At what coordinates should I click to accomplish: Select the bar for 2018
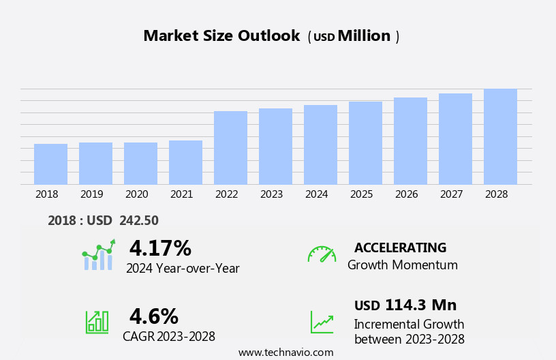click(x=50, y=164)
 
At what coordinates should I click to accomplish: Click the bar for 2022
click(x=230, y=147)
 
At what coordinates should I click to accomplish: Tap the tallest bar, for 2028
click(x=500, y=136)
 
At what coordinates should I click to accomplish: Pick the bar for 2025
click(x=365, y=142)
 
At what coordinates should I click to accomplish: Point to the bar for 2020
click(x=140, y=163)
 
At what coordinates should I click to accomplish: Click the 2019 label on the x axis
click(x=91, y=194)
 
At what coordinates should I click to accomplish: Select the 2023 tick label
click(x=271, y=194)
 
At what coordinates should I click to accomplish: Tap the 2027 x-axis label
click(x=451, y=194)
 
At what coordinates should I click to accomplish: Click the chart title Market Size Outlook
click(x=221, y=36)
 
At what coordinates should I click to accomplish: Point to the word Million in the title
click(x=364, y=36)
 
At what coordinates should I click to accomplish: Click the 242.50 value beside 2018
click(x=139, y=221)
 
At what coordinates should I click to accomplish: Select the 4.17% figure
click(x=160, y=248)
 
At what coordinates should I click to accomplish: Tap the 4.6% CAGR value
click(x=154, y=316)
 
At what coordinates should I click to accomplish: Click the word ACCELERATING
click(x=400, y=247)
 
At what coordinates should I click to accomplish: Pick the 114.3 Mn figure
click(x=420, y=305)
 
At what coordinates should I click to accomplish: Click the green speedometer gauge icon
click(x=322, y=254)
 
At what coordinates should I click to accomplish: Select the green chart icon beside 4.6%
click(x=97, y=321)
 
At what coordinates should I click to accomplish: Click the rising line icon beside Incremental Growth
click(x=322, y=322)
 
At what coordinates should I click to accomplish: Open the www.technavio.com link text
click(x=285, y=352)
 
